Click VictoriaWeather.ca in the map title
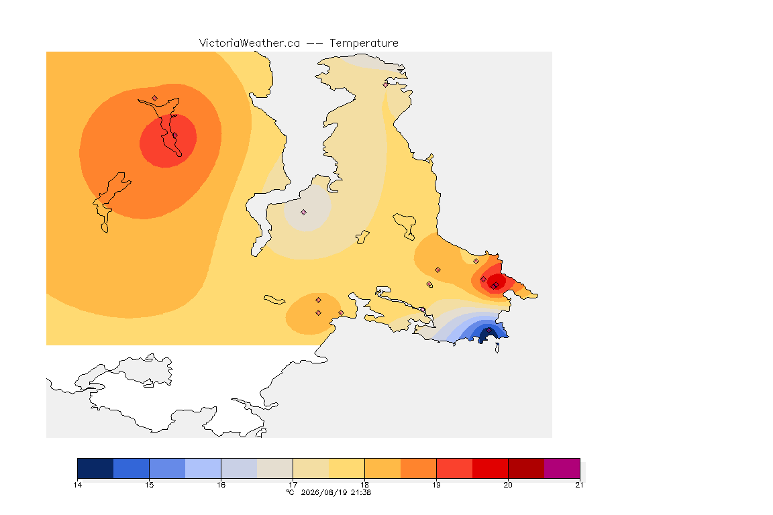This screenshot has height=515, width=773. tap(250, 44)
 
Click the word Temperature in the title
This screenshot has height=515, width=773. tap(364, 44)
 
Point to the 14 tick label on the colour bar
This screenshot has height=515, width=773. tap(77, 485)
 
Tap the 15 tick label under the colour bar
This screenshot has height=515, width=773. tap(150, 485)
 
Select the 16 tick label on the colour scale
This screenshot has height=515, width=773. tap(221, 485)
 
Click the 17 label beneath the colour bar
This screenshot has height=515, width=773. tap(293, 485)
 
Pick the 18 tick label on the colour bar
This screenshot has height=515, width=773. tap(364, 485)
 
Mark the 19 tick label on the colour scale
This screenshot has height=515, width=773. tap(436, 485)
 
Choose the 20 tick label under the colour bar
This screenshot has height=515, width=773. tap(508, 485)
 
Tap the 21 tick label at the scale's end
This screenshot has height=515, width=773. tap(579, 485)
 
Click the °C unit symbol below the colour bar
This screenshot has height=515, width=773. tap(291, 492)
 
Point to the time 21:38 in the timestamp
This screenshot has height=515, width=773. tap(361, 492)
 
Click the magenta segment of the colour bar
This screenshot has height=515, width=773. tap(562, 468)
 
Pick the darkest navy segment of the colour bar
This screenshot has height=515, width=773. tap(96, 468)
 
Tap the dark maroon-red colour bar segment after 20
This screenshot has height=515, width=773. tap(526, 468)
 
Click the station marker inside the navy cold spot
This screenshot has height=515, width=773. tap(488, 331)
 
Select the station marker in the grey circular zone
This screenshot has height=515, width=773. tap(304, 213)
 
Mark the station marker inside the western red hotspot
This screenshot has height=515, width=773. tap(174, 135)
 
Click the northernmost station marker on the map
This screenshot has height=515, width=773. tap(386, 84)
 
